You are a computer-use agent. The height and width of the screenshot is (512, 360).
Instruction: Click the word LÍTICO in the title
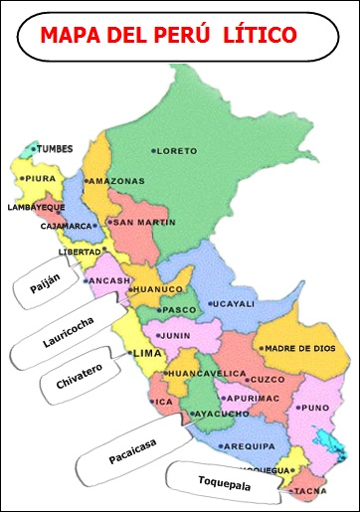(262, 36)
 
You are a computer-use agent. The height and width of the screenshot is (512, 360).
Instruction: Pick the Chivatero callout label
(79, 377)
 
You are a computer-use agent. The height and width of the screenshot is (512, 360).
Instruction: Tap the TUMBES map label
(56, 149)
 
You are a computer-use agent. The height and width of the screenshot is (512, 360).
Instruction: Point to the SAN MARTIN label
(144, 223)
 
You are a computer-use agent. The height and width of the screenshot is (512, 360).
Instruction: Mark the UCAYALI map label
(235, 304)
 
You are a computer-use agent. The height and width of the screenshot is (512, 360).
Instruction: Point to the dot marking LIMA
(130, 352)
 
